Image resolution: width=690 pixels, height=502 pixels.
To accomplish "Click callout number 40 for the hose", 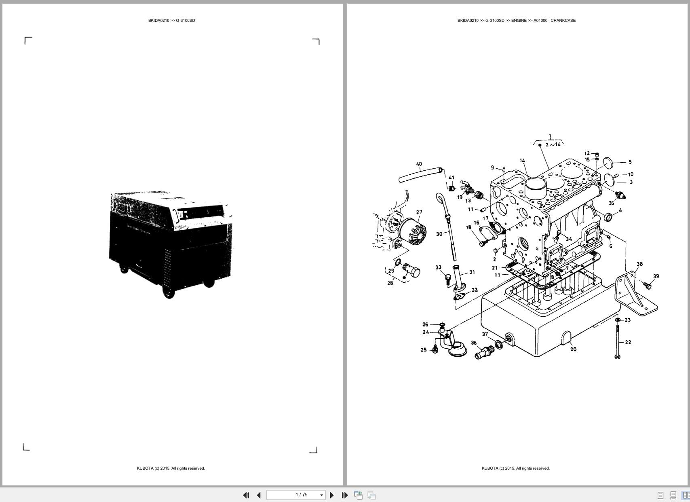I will coord(419,164).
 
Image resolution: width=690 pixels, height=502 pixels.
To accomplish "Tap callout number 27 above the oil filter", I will coord(419,212).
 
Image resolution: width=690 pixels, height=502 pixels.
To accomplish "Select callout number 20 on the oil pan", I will coord(573,349).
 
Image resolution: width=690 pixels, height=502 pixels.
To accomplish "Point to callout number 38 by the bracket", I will coord(639,264).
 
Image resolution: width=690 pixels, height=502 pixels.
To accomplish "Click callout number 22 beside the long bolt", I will coord(628,342).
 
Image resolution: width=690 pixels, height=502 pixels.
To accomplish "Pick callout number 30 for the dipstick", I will coord(439,234).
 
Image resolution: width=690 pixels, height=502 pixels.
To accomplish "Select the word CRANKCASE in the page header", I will coord(563,20).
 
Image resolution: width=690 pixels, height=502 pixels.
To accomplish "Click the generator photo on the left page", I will coord(171,244).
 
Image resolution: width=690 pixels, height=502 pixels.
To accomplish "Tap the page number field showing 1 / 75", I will coord(301,495).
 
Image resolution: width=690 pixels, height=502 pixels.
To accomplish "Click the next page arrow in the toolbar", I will coord(332,495).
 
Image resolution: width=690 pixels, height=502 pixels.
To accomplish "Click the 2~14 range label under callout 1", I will coord(553,144).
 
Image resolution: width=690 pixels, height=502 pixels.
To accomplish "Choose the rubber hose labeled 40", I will coord(418,176).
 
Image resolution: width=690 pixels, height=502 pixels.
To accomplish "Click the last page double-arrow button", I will coord(345,495).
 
